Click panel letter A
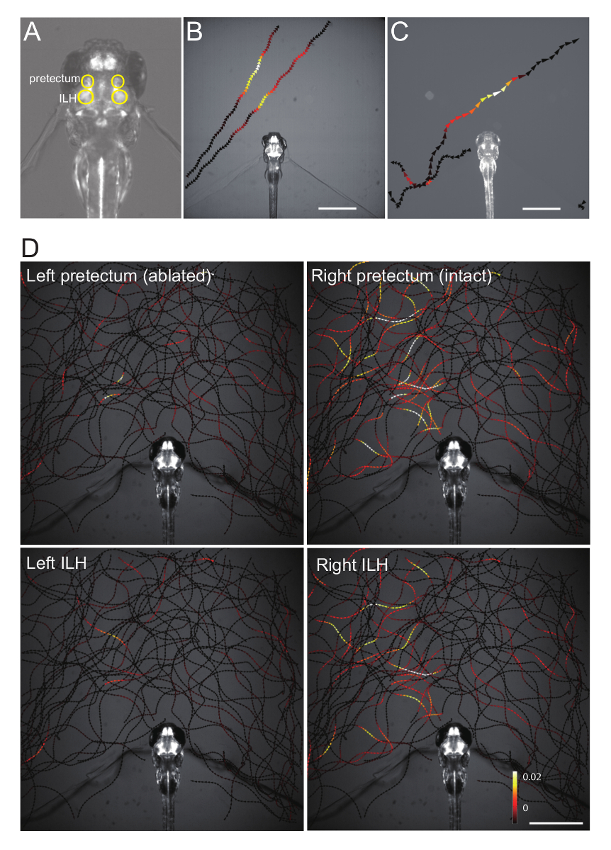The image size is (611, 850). (32, 32)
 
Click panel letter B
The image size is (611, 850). (194, 32)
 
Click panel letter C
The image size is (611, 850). (399, 32)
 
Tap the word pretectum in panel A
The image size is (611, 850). (54, 79)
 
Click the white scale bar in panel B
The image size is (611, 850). (337, 208)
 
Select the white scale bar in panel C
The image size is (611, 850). (541, 208)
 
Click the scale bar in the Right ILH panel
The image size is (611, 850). (556, 823)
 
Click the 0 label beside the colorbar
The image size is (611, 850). (525, 807)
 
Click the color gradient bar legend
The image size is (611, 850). (515, 793)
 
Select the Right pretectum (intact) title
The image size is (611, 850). (402, 276)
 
